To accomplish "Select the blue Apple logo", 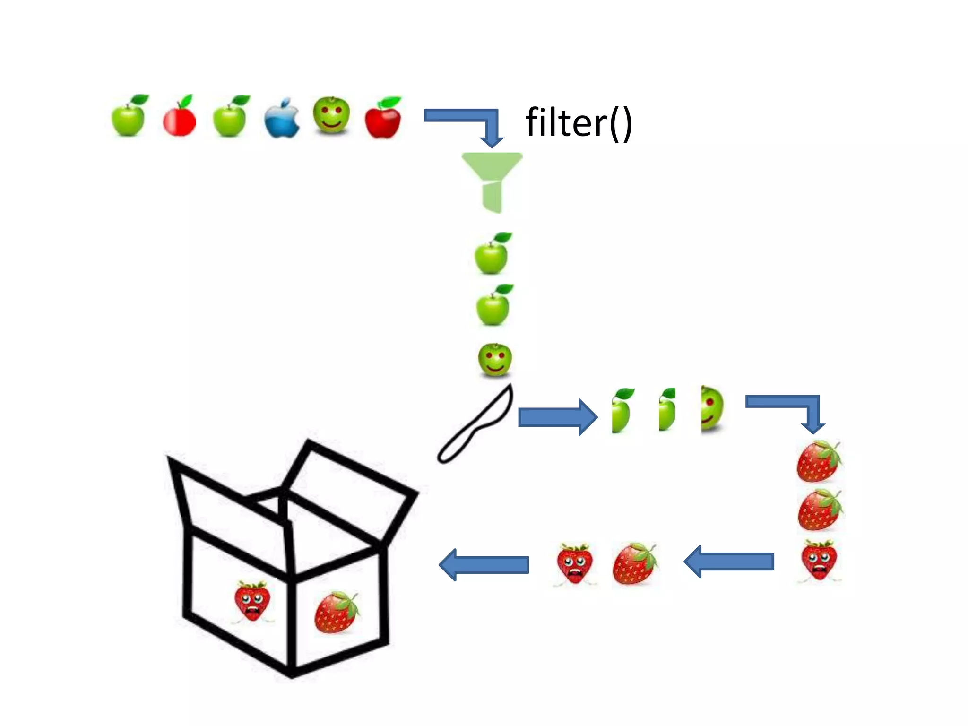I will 282,118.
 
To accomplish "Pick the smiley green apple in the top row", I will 331,115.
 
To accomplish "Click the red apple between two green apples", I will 179,118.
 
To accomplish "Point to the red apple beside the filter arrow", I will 383,119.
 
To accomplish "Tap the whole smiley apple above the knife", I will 495,360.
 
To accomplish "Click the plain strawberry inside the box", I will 336,612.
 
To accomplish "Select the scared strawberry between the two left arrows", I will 574,564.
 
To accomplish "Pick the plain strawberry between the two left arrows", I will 634,564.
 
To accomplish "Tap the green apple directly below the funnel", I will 492,254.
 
